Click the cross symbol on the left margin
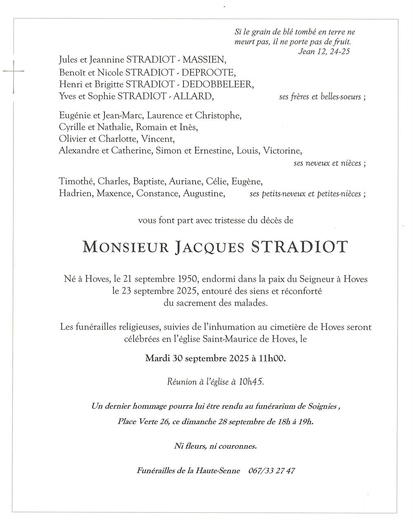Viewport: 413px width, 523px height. tap(13, 72)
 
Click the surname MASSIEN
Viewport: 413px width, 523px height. tap(204, 60)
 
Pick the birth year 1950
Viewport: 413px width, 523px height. tap(188, 280)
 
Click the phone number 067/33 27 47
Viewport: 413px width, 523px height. tap(271, 471)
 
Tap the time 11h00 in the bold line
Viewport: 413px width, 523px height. tap(272, 359)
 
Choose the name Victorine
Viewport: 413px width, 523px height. tap(282, 151)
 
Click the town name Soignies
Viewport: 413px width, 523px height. tap(323, 407)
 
